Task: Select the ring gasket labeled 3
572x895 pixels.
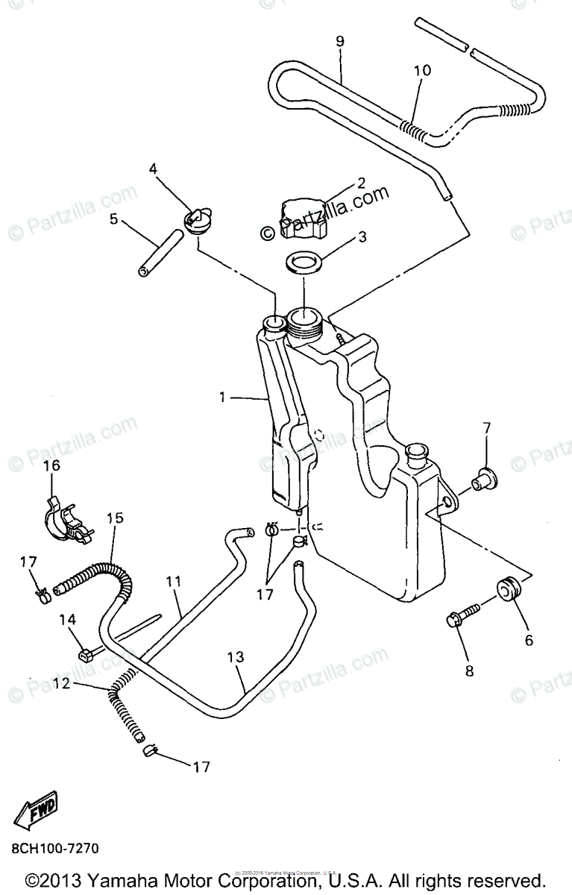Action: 304,264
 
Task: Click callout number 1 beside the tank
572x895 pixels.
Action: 221,398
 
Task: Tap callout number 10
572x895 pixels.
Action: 422,71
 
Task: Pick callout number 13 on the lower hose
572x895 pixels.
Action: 236,656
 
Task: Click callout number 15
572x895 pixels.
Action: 115,518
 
